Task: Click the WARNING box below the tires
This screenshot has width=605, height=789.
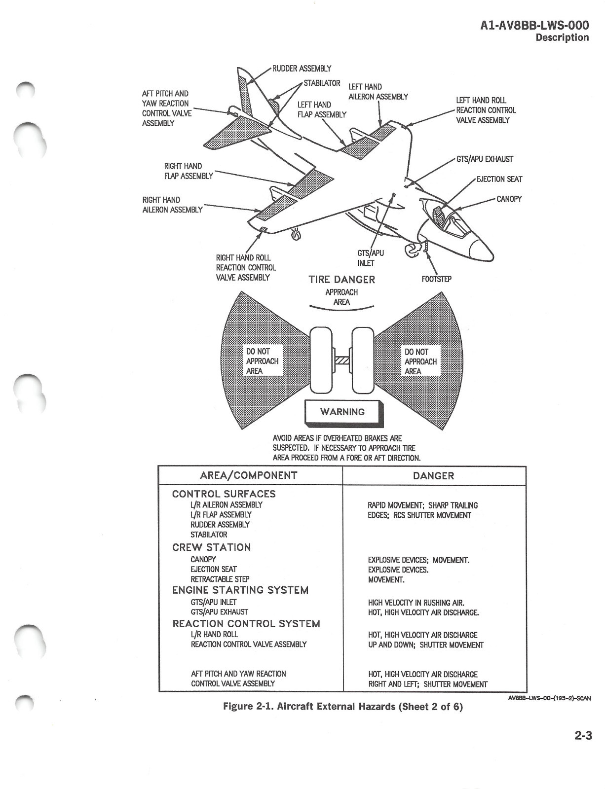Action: pos(342,412)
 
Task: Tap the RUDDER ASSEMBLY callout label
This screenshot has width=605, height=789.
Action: pos(302,69)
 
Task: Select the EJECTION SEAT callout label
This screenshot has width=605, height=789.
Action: pos(499,179)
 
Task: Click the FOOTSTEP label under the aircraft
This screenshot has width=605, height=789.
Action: pos(436,279)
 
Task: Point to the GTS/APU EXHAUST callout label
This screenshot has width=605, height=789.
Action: pos(485,159)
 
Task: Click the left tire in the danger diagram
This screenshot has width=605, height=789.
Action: pos(320,360)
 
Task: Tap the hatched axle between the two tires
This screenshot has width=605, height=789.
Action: pos(342,360)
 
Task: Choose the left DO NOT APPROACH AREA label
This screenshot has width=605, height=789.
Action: pos(262,361)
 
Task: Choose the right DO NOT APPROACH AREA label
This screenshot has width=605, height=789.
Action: pos(420,361)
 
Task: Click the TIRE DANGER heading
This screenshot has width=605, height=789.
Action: pos(341,280)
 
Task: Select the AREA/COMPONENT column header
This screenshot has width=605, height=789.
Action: pos(249,475)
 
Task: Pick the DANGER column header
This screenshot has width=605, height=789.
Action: pos(433,476)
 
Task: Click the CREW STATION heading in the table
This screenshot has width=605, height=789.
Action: pos(211,547)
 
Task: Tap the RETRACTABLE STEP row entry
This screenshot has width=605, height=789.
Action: pos(220,579)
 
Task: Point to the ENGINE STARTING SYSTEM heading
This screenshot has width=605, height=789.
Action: pos(240,590)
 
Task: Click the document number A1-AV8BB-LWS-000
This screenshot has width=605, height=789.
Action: pos(534,26)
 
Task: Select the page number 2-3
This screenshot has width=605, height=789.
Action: pos(583,736)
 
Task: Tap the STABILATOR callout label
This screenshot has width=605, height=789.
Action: pos(322,83)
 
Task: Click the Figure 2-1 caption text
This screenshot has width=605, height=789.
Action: pos(343,707)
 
